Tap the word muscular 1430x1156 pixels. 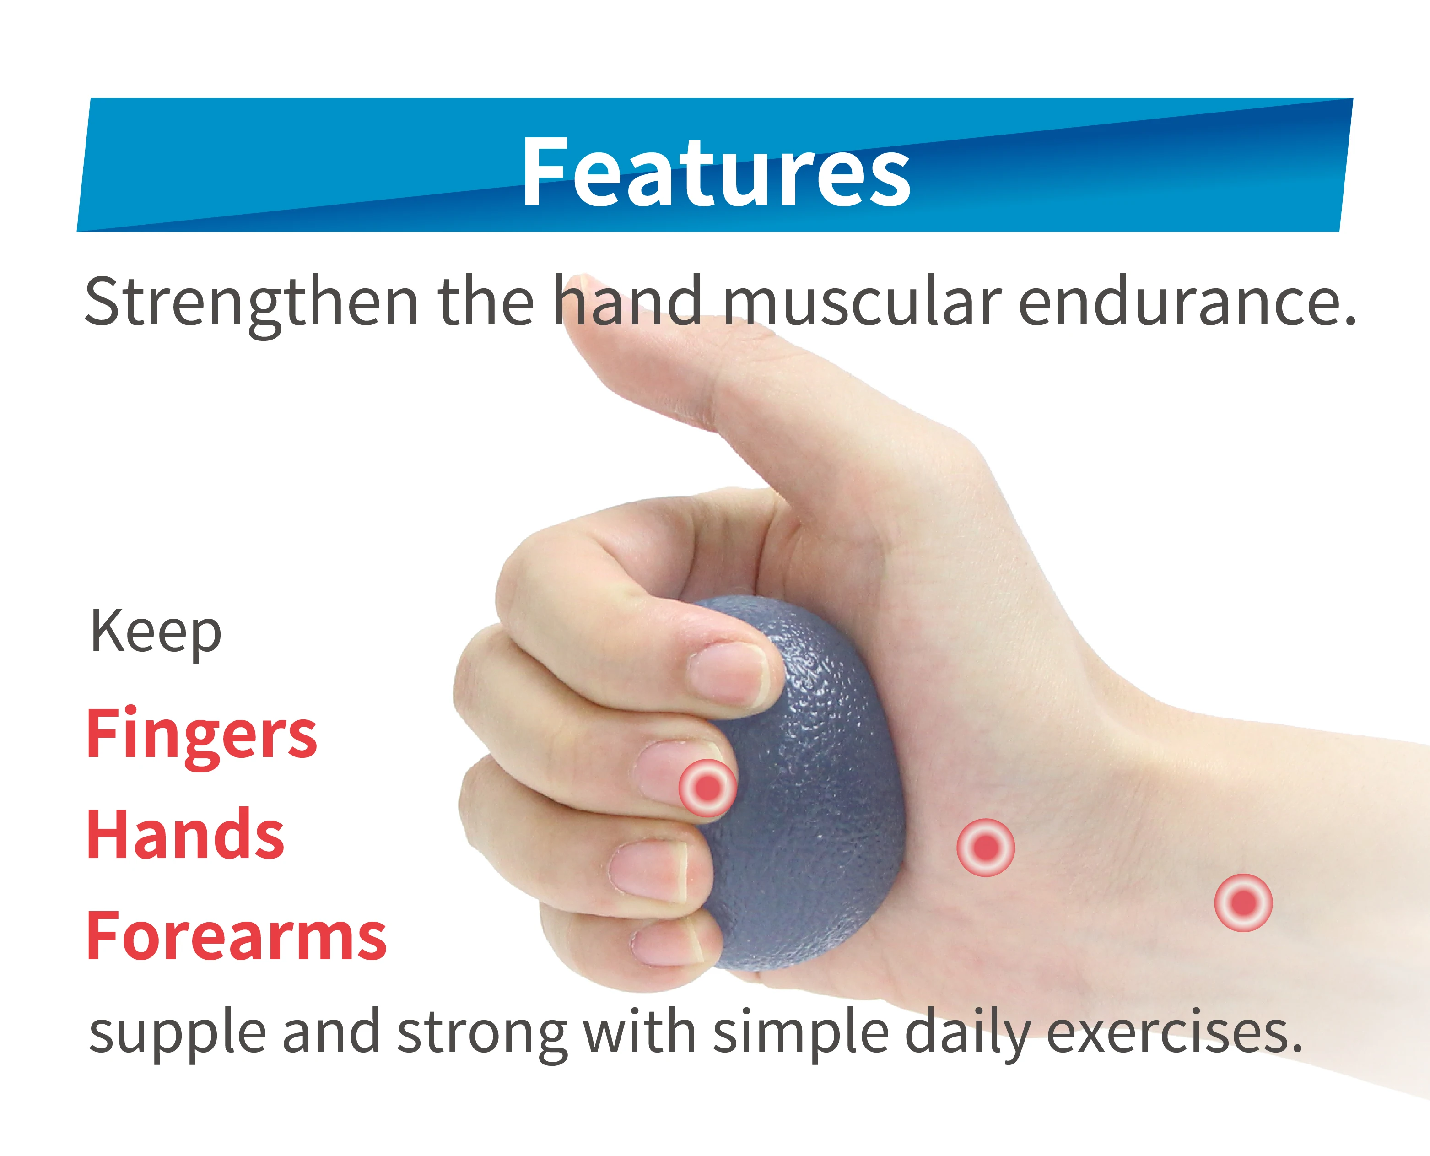pos(862,302)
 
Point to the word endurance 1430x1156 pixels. pos(1187,302)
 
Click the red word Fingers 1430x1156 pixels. pos(202,735)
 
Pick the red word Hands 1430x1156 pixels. pos(186,835)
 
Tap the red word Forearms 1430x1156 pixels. pos(236,936)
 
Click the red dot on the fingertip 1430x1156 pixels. pos(707,788)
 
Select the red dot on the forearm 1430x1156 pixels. pos(1243,903)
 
